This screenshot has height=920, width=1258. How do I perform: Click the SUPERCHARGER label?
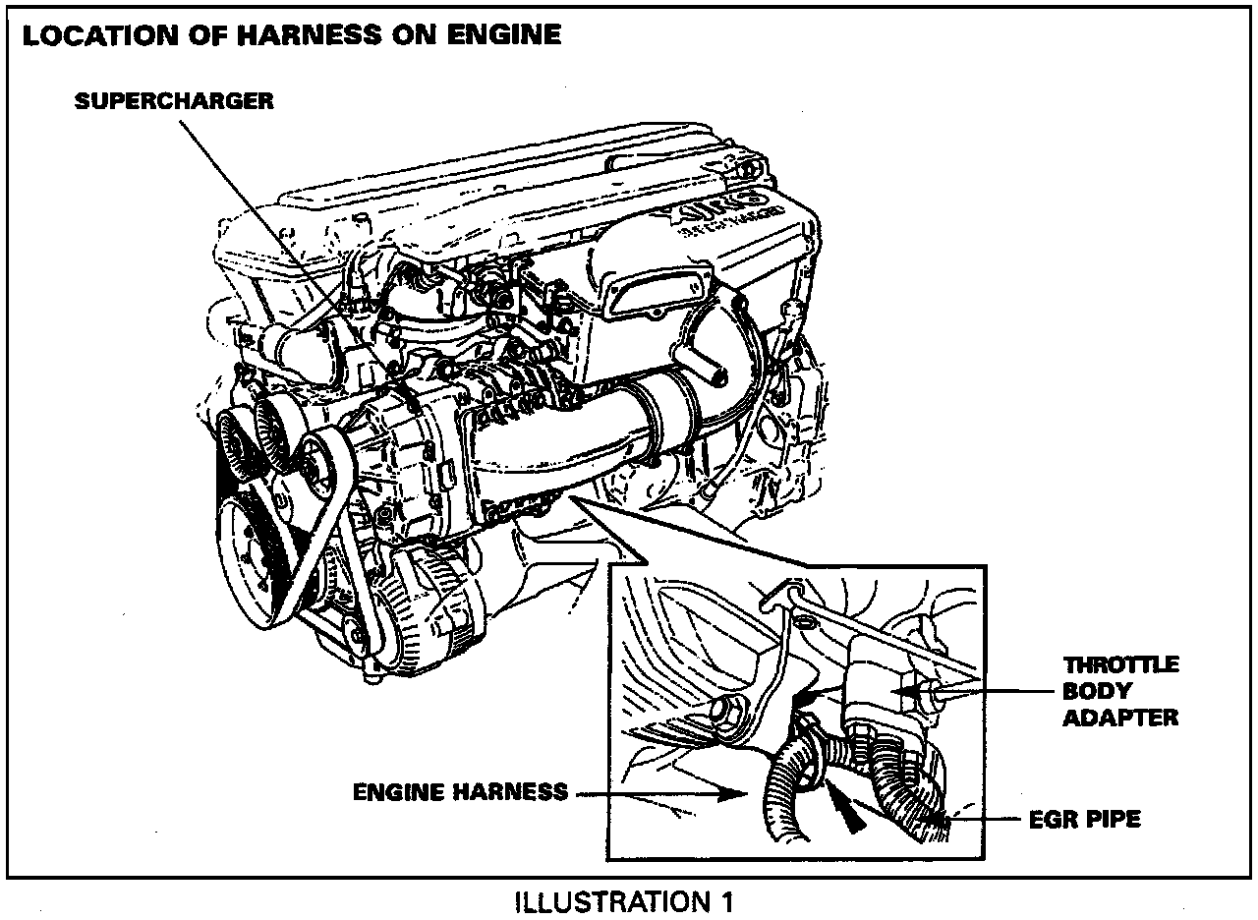174,101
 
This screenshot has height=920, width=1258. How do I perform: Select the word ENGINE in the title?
500,36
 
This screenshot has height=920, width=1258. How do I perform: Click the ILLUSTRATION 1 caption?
624,900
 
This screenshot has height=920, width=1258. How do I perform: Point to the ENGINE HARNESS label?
460,791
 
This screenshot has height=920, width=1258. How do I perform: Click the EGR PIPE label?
1084,818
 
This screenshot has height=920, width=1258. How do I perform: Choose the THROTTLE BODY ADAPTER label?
1120,691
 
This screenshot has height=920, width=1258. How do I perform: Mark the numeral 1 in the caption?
725,900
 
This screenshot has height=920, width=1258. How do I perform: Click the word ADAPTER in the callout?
1120,718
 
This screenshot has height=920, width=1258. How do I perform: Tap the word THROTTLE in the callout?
1121,665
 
